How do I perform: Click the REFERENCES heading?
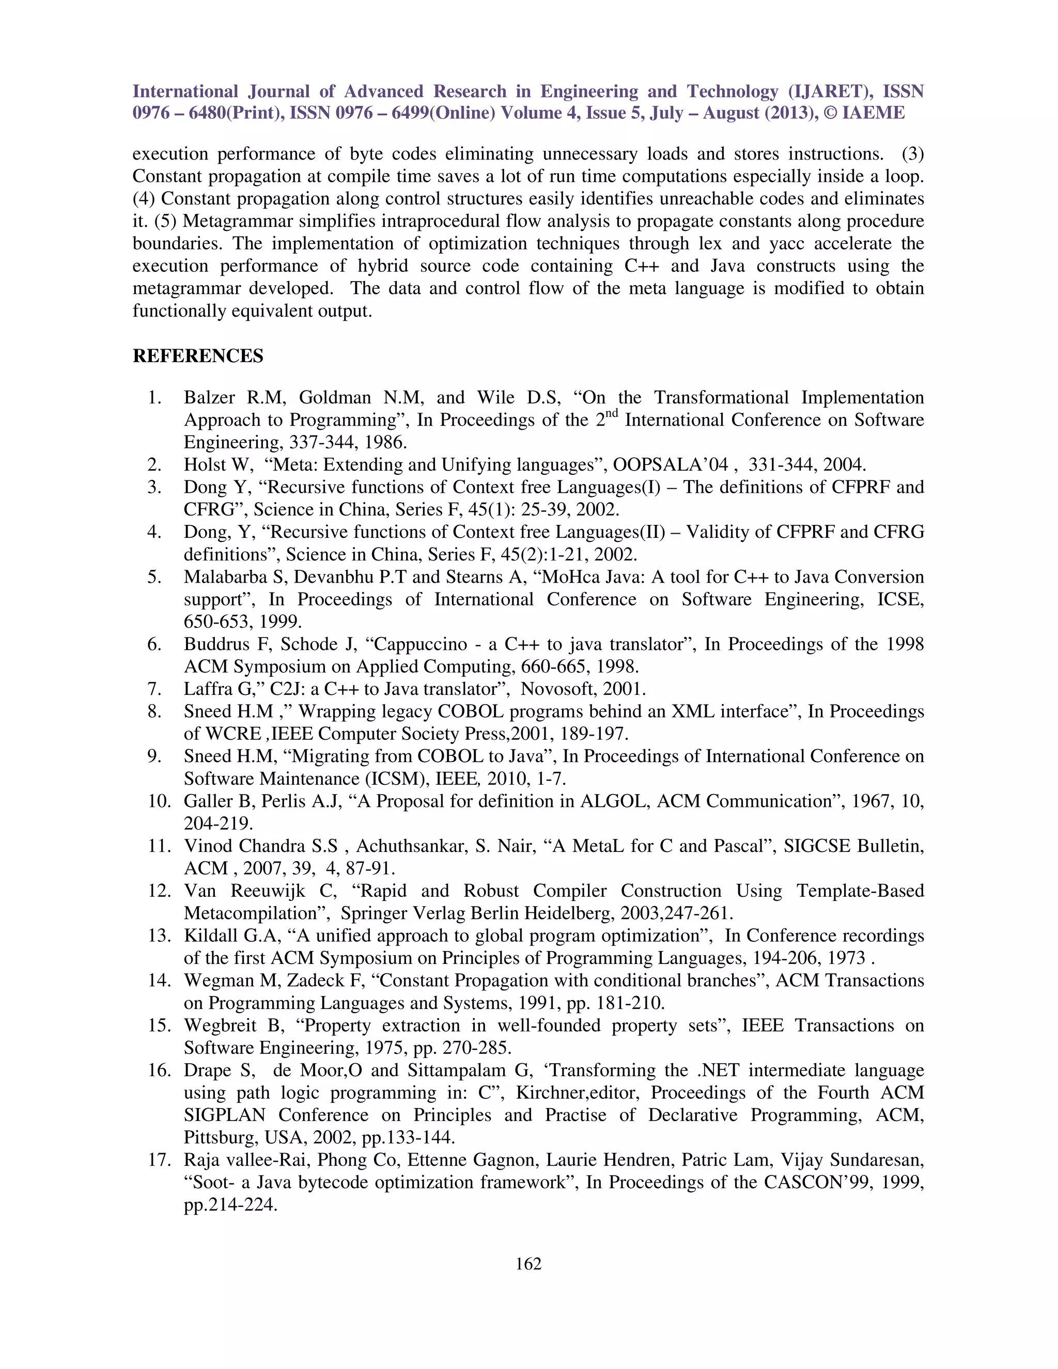197,356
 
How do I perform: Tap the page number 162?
528,1264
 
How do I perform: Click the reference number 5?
154,577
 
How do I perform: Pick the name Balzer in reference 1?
209,397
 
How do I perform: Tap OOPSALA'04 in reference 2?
671,465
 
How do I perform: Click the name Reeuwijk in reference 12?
268,891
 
